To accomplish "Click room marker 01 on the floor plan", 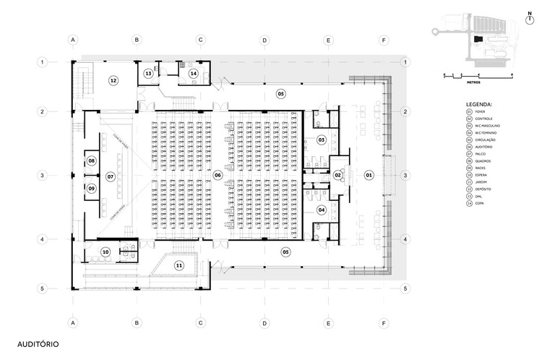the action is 368,176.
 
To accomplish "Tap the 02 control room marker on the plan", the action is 337,176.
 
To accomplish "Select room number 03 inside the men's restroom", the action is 322,139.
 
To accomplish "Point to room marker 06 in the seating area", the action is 218,176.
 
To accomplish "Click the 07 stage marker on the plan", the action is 111,176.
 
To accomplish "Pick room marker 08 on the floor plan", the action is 92,160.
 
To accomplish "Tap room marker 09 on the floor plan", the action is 92,189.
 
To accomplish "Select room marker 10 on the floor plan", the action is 106,252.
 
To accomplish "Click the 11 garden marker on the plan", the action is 179,265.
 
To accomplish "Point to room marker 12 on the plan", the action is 113,80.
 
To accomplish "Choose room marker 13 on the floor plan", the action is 148,73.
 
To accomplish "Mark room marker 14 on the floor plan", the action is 193,73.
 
